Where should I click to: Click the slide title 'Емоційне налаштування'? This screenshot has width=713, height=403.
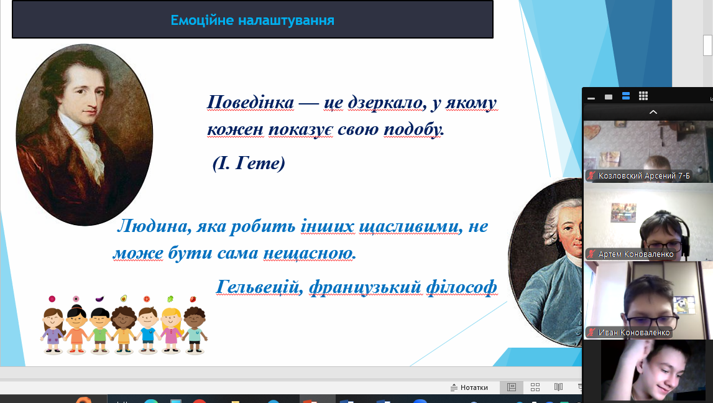(x=252, y=21)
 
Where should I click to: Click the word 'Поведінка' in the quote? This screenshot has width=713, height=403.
(x=251, y=103)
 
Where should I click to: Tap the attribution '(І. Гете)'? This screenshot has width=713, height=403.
(x=249, y=163)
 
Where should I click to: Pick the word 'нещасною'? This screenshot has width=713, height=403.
(x=310, y=253)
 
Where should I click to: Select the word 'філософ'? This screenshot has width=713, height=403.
(x=461, y=287)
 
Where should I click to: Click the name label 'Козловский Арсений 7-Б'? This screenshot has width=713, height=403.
(x=644, y=175)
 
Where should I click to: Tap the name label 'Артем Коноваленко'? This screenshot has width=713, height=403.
(x=636, y=254)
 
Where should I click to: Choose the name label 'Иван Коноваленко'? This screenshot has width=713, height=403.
(x=634, y=333)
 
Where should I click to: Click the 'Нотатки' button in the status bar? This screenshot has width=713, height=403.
(x=469, y=387)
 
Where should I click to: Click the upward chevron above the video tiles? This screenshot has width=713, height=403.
(x=653, y=112)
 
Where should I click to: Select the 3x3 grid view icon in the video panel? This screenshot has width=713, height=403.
(x=643, y=96)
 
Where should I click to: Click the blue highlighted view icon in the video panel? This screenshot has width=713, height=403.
(x=626, y=96)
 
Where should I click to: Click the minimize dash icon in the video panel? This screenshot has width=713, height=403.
(x=591, y=98)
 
